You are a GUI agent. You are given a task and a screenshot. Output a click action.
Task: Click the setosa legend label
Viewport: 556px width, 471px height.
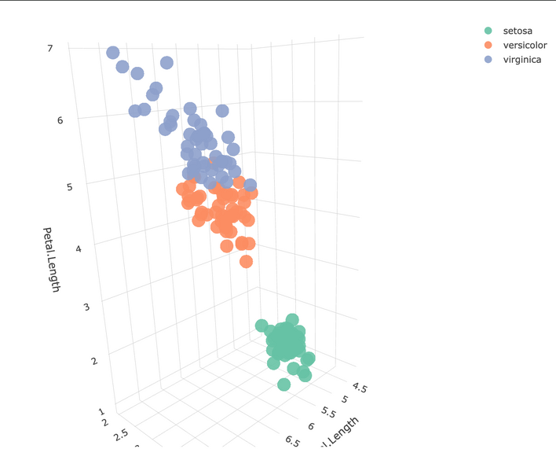[518, 31]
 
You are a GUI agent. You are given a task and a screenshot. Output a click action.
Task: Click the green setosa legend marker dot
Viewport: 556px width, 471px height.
[488, 31]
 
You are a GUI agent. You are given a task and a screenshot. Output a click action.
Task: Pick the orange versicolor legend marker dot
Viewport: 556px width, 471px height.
[488, 46]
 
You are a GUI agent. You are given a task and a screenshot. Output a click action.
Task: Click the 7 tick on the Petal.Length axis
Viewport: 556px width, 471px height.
[50, 49]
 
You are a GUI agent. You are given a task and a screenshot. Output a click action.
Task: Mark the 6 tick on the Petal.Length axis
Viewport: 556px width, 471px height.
[60, 120]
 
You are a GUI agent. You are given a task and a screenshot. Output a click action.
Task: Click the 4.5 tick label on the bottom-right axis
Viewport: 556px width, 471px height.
[360, 388]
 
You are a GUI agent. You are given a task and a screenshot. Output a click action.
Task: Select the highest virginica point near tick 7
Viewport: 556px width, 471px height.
[112, 53]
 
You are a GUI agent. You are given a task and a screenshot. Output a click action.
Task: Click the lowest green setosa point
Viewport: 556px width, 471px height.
[283, 384]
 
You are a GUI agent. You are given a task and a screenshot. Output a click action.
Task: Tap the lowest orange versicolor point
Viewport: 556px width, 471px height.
[246, 261]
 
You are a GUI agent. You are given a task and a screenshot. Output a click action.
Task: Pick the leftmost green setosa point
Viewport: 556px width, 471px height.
[262, 326]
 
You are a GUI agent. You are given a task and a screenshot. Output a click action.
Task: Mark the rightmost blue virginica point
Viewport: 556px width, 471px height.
[250, 186]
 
